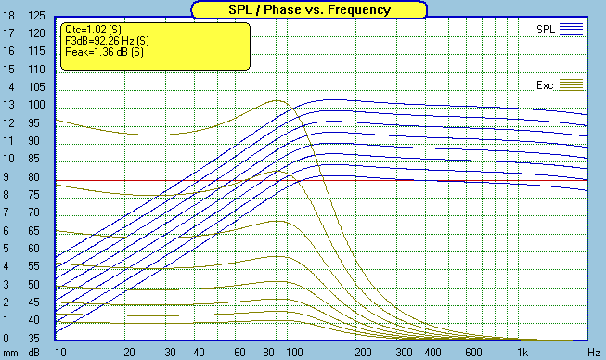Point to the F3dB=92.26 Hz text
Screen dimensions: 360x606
pyautogui.click(x=102, y=41)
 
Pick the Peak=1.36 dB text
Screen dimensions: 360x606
pyautogui.click(x=97, y=52)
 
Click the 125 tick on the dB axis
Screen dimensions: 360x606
pyautogui.click(x=36, y=17)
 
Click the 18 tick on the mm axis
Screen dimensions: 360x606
pyautogui.click(x=9, y=17)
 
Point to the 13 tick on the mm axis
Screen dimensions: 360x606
pyautogui.click(x=9, y=106)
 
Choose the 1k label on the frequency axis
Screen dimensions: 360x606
pyautogui.click(x=522, y=354)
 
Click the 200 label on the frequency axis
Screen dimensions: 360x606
pyautogui.click(x=364, y=354)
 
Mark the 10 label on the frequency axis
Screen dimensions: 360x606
pyautogui.click(x=60, y=354)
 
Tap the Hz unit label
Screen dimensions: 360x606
pyautogui.click(x=592, y=354)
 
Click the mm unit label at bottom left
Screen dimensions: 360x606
pyautogui.click(x=9, y=354)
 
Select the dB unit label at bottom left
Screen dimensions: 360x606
pyautogui.click(x=34, y=354)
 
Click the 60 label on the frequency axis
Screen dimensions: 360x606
pyautogui.click(x=240, y=354)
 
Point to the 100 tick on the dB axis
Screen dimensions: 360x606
pyautogui.click(x=36, y=106)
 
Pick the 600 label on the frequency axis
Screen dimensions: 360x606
pyautogui.click(x=472, y=354)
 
